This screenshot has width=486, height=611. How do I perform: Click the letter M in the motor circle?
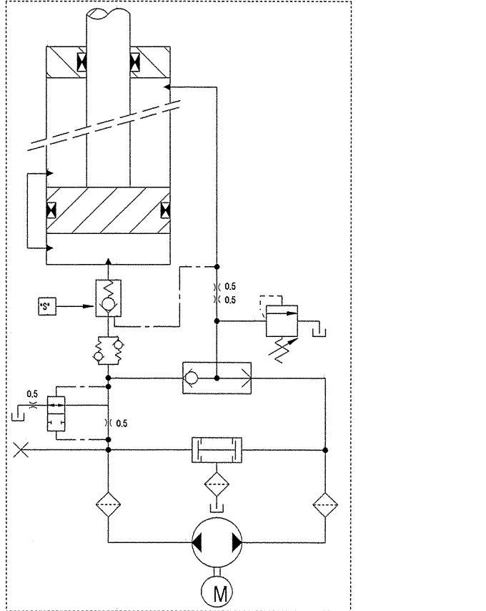coord(216,592)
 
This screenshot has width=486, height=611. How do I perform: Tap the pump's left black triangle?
coord(197,543)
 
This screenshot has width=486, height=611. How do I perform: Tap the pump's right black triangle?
coord(236,543)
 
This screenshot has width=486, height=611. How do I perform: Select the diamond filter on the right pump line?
coord(325,506)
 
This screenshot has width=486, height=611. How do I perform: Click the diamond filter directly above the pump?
coord(216,484)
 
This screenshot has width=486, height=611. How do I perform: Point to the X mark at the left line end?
coord(21,450)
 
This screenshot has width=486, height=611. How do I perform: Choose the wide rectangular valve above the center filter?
coord(216,450)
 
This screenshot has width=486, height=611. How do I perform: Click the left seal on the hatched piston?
coord(51,211)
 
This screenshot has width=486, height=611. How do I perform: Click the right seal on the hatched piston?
coord(166,211)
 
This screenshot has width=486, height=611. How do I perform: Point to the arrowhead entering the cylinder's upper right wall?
coord(167,87)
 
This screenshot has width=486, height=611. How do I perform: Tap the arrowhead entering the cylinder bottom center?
coord(108,261)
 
